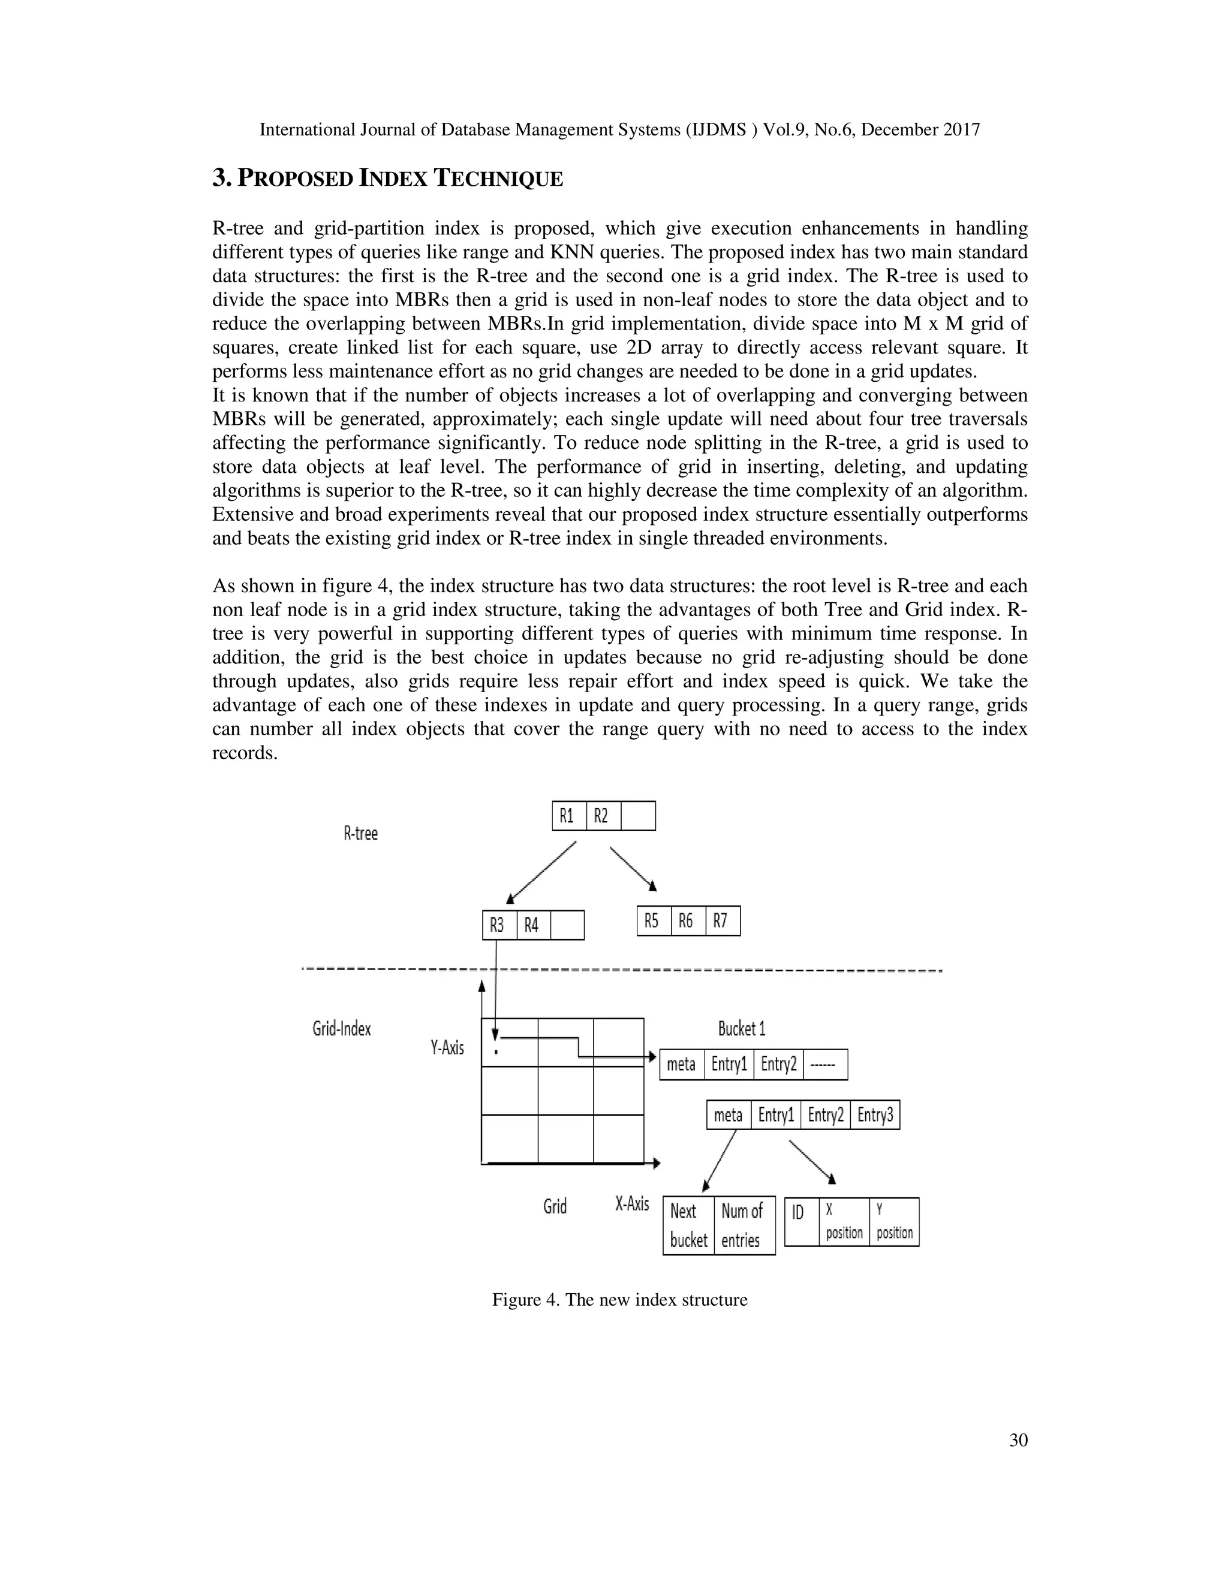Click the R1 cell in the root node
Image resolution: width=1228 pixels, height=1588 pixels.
tap(568, 816)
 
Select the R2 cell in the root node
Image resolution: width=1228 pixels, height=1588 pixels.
tap(603, 816)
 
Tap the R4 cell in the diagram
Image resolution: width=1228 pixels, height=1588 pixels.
tap(532, 925)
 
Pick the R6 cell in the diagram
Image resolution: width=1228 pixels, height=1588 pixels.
tap(687, 920)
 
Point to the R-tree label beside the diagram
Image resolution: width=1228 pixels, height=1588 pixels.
tap(361, 834)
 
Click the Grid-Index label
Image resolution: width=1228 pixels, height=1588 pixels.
tap(342, 1029)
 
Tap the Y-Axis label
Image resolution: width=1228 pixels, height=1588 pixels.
tap(447, 1047)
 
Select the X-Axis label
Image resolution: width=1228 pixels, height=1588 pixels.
tap(632, 1204)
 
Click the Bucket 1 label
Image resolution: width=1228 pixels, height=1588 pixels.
tap(741, 1029)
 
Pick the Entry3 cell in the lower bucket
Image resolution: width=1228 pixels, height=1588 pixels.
tap(875, 1115)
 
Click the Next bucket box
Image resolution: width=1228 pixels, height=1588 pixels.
tap(688, 1225)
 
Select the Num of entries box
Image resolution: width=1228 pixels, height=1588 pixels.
tap(744, 1225)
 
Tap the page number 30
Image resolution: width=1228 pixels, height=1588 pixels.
tap(1019, 1441)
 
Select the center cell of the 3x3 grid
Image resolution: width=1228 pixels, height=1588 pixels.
tap(565, 1090)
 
